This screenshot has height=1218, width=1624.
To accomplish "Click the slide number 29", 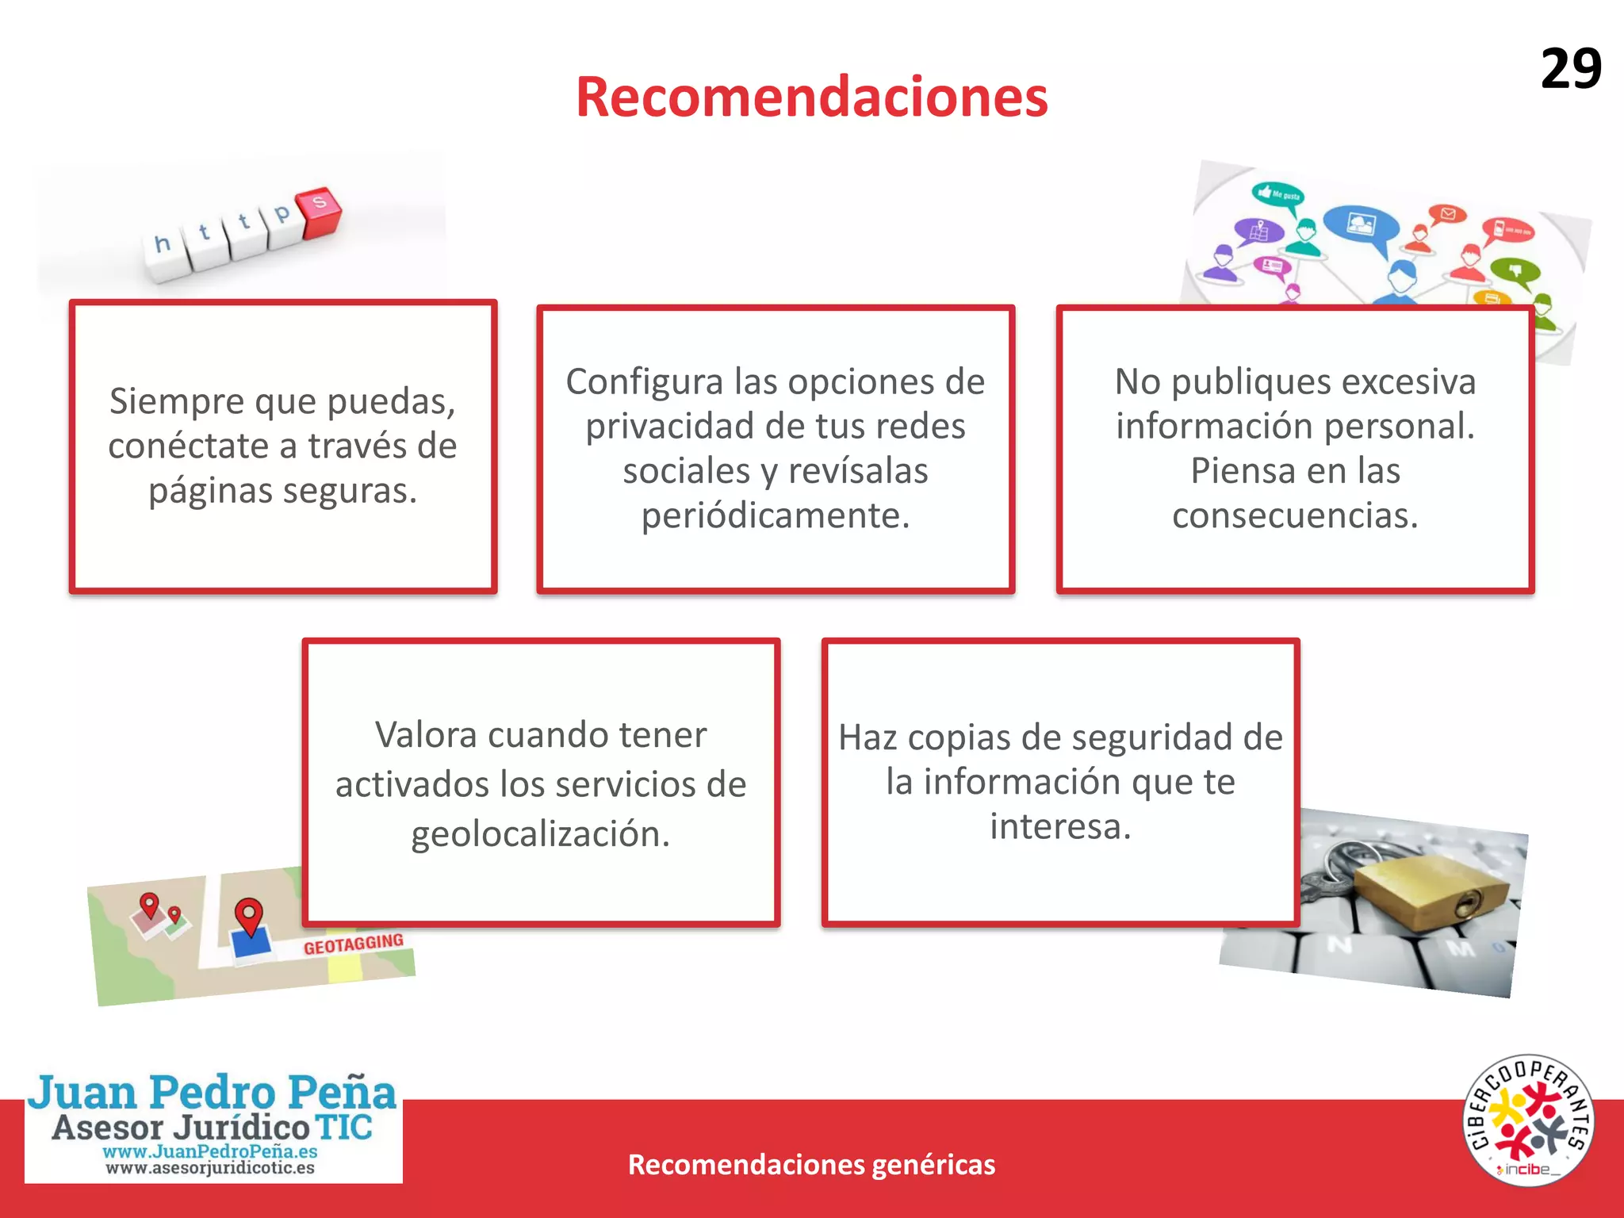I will point(1570,69).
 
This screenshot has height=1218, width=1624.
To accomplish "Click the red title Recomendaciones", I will point(811,97).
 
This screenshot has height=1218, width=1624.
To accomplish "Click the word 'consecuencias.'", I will point(1295,515).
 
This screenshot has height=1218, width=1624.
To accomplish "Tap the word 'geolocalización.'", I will point(541,834).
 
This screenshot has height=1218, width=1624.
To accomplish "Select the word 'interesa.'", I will point(1060,826).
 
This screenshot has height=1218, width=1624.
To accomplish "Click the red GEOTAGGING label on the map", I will point(354,944).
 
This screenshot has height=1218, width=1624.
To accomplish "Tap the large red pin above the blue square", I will point(249,915).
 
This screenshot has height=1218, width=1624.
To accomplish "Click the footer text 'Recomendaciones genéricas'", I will point(811,1164).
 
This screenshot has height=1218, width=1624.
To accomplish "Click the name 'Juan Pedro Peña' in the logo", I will point(213,1092).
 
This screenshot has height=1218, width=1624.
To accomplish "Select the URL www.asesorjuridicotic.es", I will point(210,1168).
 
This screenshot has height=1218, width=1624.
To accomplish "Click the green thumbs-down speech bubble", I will point(1515,272).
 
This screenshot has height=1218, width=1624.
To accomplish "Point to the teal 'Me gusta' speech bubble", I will point(1278,193).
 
